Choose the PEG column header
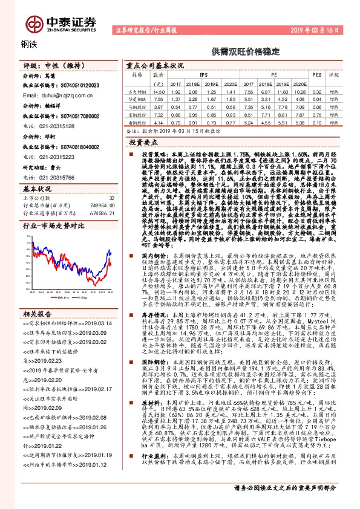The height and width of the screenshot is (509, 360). pyautogui.click(x=316, y=74)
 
